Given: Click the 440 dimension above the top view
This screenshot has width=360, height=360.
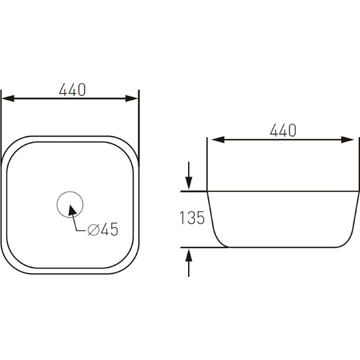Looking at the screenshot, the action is (73, 90).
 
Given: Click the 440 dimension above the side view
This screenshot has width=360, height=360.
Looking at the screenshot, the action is (283, 130).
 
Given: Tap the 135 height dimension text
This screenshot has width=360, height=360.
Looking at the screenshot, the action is (192, 218).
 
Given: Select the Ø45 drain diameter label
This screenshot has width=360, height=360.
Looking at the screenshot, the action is (103, 229).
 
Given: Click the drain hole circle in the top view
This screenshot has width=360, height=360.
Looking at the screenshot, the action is (70, 191).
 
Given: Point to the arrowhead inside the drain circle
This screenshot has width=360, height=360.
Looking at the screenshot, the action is (72, 210).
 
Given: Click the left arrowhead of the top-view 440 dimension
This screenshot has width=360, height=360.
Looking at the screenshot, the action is (8, 99).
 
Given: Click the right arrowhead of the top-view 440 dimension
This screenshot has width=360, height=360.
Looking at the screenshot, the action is (132, 99).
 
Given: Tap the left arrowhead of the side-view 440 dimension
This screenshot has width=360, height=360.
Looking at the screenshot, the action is (218, 140).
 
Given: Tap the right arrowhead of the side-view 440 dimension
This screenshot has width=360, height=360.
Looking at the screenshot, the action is (348, 140).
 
